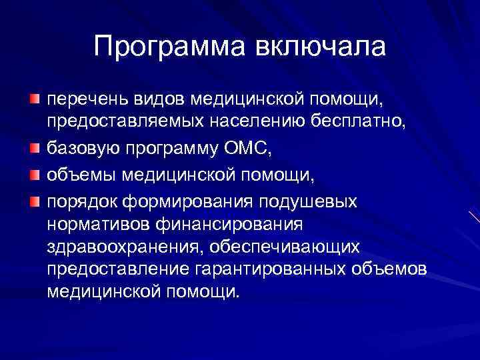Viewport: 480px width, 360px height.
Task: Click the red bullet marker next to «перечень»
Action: (x=34, y=99)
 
